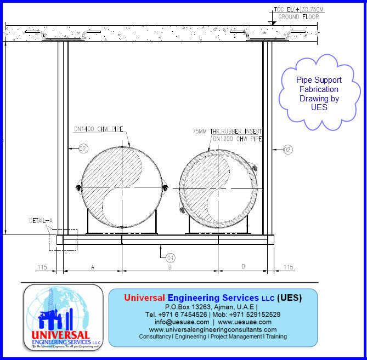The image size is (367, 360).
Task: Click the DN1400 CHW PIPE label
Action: [98, 130]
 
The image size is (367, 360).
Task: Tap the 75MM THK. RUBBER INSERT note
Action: [227, 132]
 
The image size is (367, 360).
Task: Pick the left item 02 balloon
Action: [83, 148]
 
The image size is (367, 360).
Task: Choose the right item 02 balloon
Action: [287, 148]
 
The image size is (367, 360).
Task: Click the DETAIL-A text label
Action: [41, 221]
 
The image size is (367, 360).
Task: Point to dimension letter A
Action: [92, 267]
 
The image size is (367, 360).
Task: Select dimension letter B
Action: [170, 267]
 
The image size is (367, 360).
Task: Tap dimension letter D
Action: [243, 267]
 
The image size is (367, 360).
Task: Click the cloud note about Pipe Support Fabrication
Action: [319, 94]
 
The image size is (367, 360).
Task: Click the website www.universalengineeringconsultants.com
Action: [213, 329]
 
